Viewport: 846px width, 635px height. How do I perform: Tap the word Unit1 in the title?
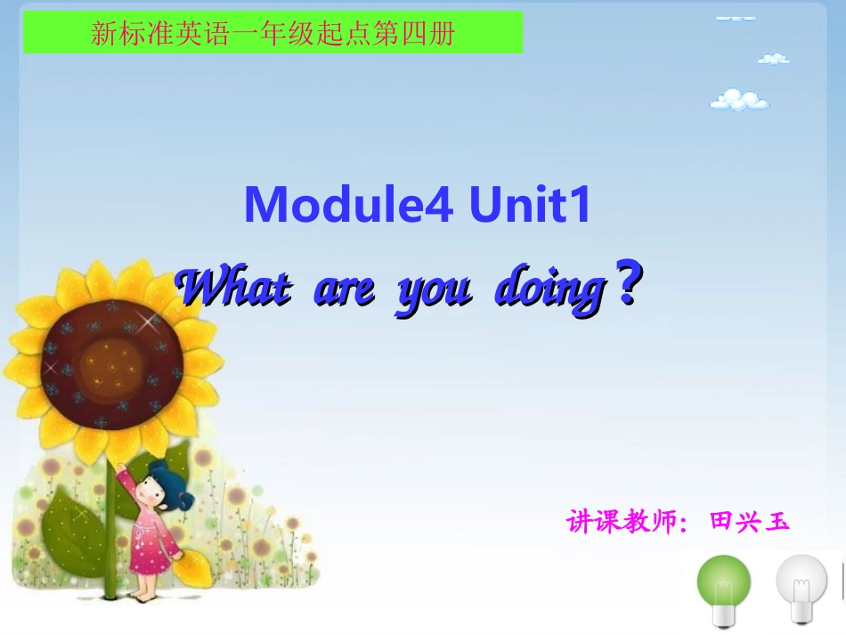click(531, 207)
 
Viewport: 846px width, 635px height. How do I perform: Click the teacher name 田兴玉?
click(749, 520)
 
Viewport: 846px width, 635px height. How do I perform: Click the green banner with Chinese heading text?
click(273, 34)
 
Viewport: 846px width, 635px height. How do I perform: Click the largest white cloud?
click(739, 100)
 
